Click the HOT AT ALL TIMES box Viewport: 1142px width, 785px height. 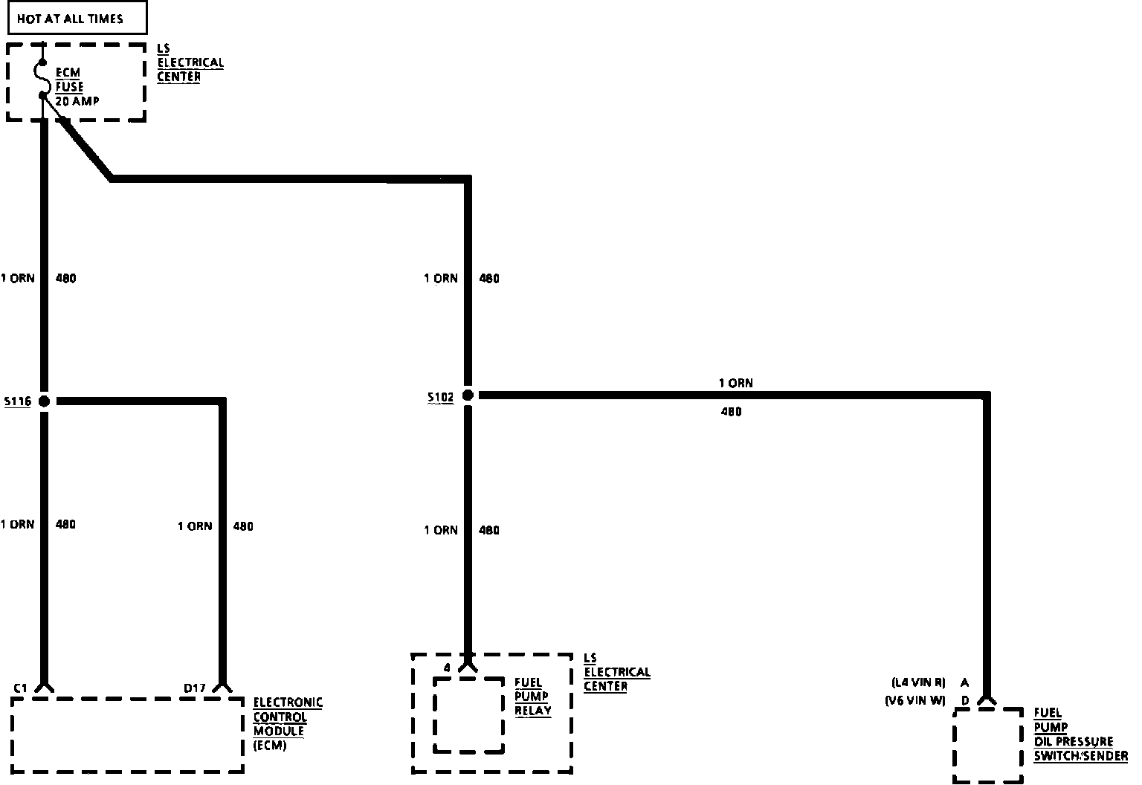(77, 19)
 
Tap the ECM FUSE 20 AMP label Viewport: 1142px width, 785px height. (77, 87)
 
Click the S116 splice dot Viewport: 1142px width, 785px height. (44, 401)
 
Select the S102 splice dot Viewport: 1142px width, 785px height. (468, 395)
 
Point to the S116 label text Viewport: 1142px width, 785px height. (17, 401)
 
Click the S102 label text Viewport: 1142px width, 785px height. (440, 398)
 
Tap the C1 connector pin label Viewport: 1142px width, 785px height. (20, 688)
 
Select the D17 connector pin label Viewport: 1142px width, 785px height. (195, 688)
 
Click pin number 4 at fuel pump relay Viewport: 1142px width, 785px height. (447, 668)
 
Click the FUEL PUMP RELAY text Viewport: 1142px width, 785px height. (532, 697)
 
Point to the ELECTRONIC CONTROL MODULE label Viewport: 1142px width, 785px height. (288, 723)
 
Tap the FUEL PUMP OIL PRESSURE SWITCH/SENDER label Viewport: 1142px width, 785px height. (1080, 734)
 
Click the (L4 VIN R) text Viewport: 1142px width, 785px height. (918, 682)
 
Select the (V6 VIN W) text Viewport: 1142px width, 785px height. (915, 700)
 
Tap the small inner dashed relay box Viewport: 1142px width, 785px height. (469, 714)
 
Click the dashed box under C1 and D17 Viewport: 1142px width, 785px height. (128, 734)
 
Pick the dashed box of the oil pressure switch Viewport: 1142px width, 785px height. (988, 744)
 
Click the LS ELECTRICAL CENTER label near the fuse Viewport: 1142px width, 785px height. (190, 62)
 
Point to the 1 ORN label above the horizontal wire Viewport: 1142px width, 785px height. (735, 384)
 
